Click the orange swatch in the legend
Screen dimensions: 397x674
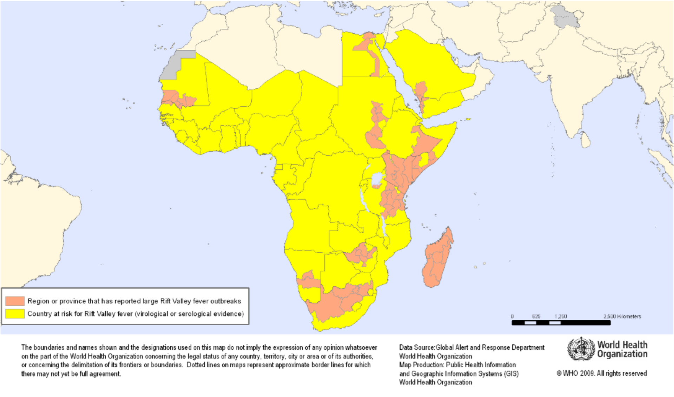click(15, 301)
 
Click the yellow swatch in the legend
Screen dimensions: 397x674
click(15, 314)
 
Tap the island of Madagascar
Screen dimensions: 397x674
click(437, 259)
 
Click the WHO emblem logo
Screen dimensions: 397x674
click(581, 349)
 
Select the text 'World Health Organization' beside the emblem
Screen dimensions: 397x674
click(622, 349)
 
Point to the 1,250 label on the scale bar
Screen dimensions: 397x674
click(561, 316)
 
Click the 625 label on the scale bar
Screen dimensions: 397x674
click(536, 316)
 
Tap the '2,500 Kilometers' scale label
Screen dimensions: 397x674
click(622, 316)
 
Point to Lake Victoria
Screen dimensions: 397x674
click(377, 179)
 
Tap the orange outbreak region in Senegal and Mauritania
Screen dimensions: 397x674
click(177, 98)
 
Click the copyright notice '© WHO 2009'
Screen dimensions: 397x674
click(601, 374)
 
